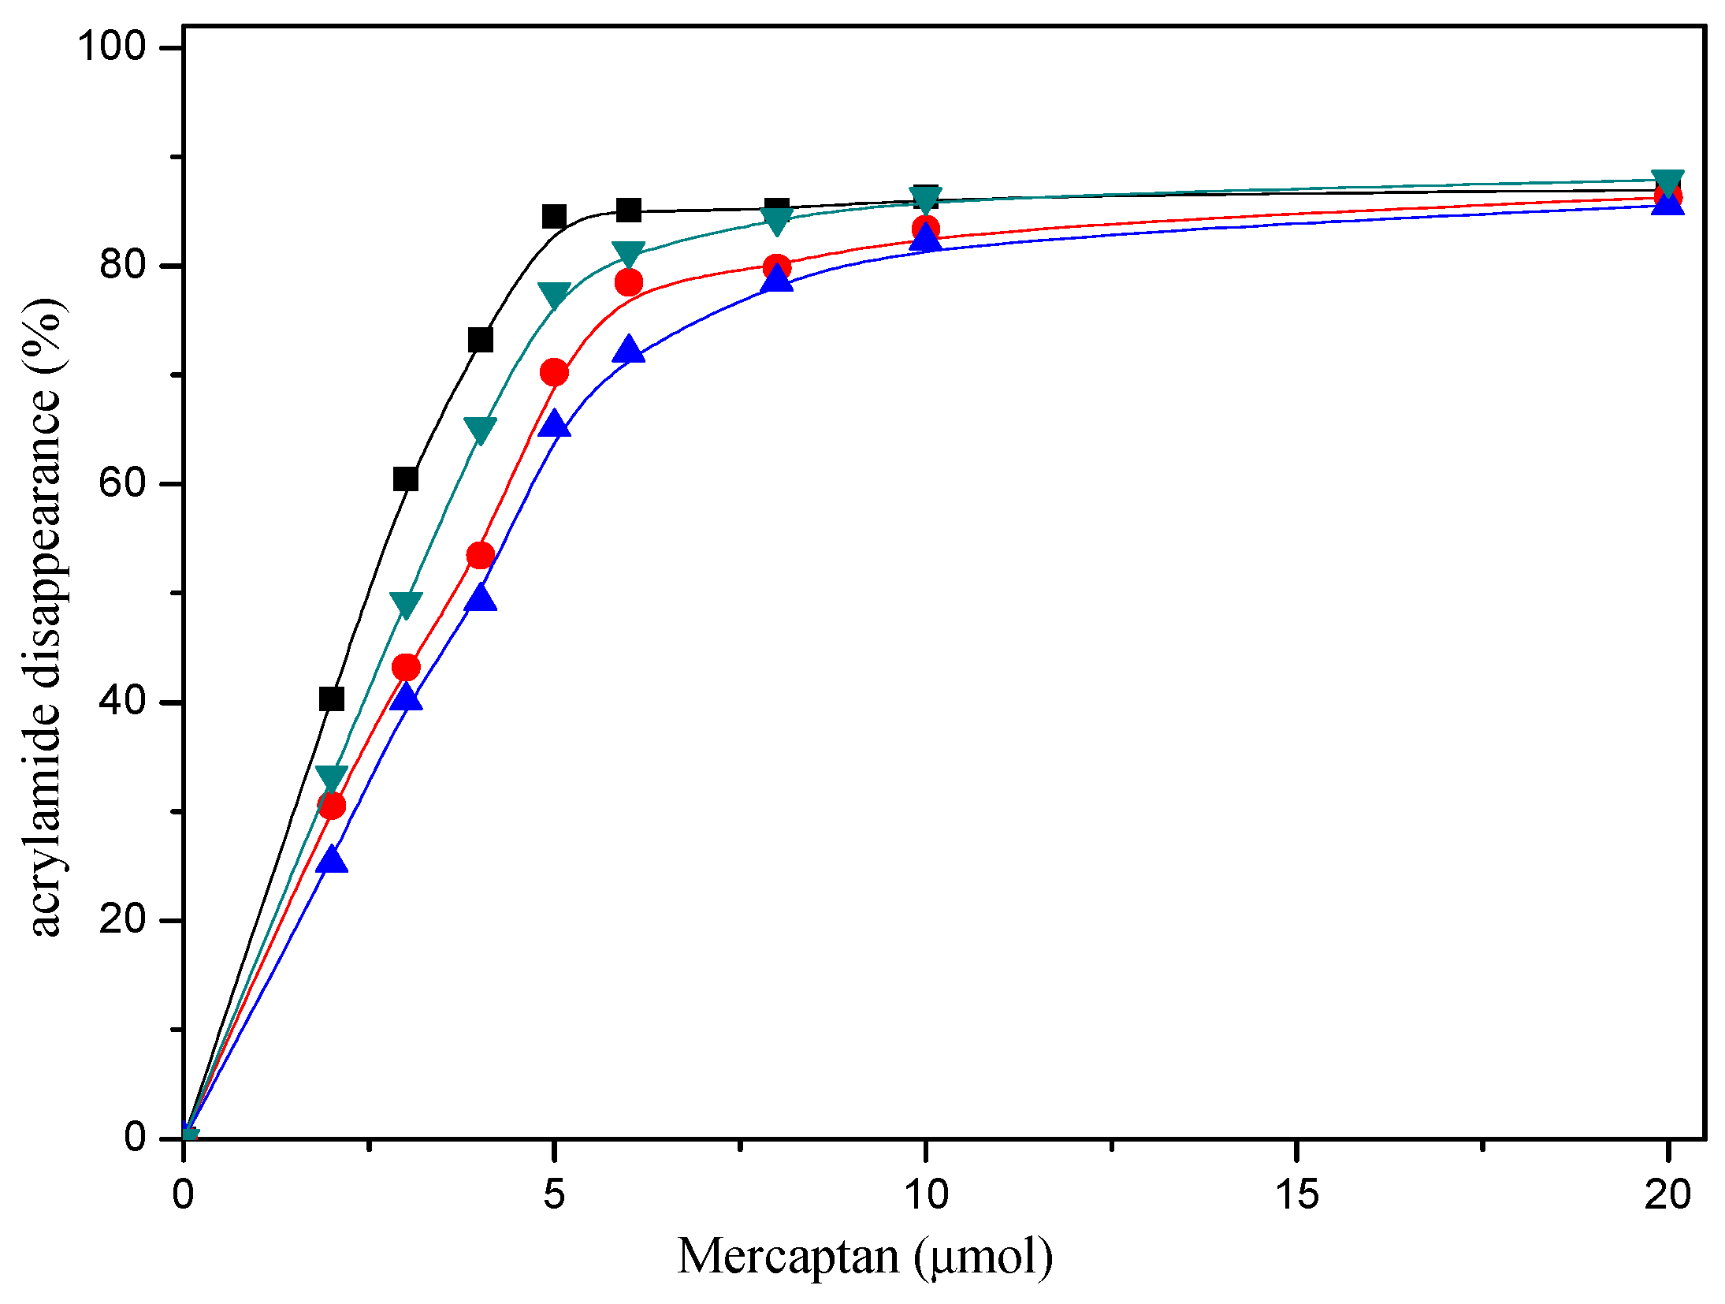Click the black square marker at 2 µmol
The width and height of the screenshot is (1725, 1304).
coord(332,699)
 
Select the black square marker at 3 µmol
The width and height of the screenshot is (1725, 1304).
coord(406,479)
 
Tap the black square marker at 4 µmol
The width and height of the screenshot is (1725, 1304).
coord(481,340)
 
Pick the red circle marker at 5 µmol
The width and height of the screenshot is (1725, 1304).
coord(555,372)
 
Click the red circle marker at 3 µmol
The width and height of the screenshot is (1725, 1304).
coord(406,668)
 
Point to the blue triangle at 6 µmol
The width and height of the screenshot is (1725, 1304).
coord(629,349)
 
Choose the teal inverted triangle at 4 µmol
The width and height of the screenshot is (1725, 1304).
coord(481,430)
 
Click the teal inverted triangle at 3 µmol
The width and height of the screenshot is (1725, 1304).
coord(406,605)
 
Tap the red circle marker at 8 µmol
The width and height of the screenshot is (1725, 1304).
coord(777,268)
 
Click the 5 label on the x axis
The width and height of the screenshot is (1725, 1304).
coord(555,1194)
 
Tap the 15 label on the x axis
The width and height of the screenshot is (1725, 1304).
coord(1296,1194)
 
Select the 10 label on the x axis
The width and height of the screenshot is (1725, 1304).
coord(926,1194)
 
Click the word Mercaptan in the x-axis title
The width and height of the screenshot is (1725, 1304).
coord(788,1256)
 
